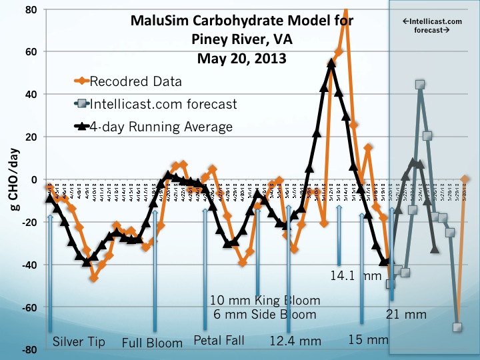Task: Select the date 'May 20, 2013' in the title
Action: coord(242,57)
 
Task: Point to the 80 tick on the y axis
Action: coord(31,9)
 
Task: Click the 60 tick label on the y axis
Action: coord(31,51)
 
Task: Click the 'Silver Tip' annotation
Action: coord(79,342)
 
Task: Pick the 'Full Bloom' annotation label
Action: coord(153,343)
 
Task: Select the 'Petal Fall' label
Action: coord(219,341)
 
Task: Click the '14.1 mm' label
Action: coord(356,274)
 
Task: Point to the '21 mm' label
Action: coord(406,313)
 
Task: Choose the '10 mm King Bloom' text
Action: coord(265,300)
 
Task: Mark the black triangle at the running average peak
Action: coord(331,63)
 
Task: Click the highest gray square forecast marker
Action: coord(420,85)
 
